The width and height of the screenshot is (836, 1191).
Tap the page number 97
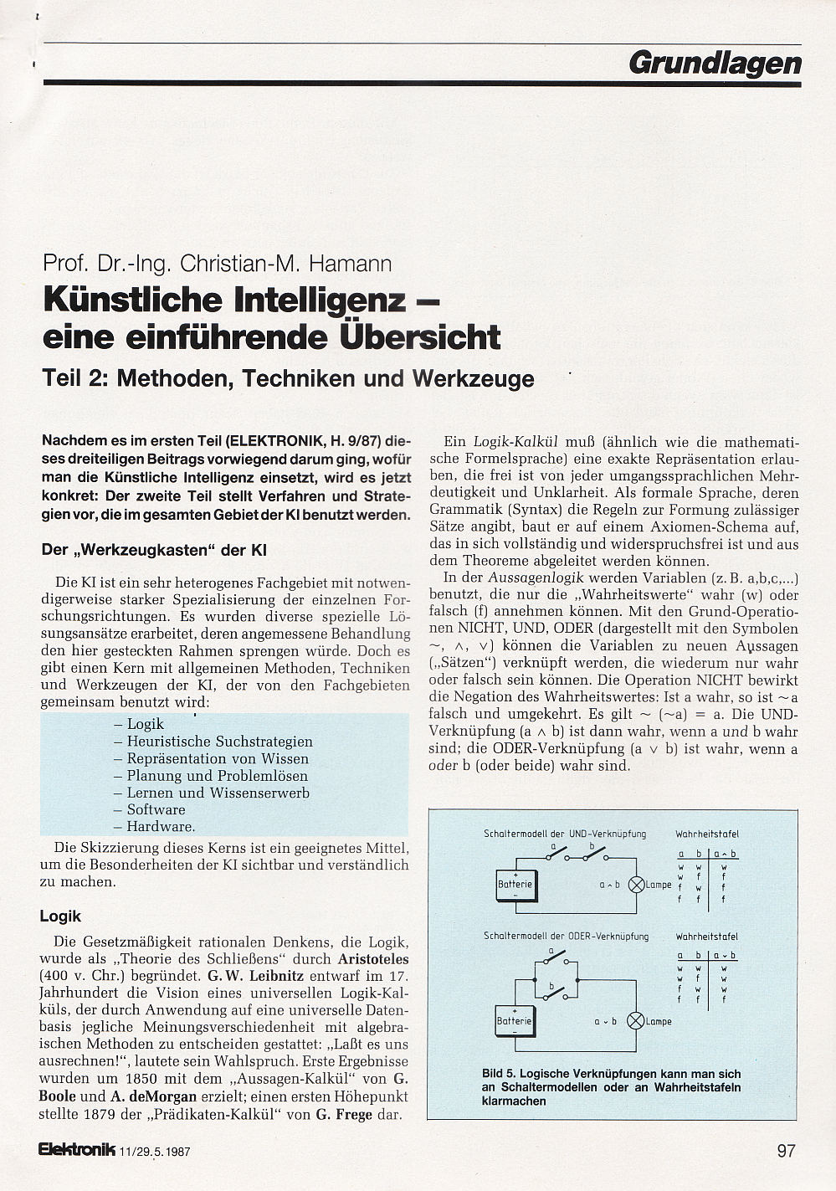786,1150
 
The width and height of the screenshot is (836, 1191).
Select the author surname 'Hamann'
351,264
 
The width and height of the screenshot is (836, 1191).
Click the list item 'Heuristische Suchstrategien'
219,742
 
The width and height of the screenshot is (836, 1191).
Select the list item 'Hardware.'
161,827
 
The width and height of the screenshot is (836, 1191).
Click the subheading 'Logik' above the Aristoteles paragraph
60,916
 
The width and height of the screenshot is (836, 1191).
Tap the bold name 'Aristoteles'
373,959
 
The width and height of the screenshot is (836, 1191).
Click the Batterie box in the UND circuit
515,885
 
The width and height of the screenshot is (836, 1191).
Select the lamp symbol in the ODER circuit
635,1020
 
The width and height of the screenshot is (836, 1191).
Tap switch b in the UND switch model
594,855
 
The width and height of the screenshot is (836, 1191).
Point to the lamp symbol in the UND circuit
636,884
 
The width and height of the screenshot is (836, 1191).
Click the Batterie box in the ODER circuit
514,1021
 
